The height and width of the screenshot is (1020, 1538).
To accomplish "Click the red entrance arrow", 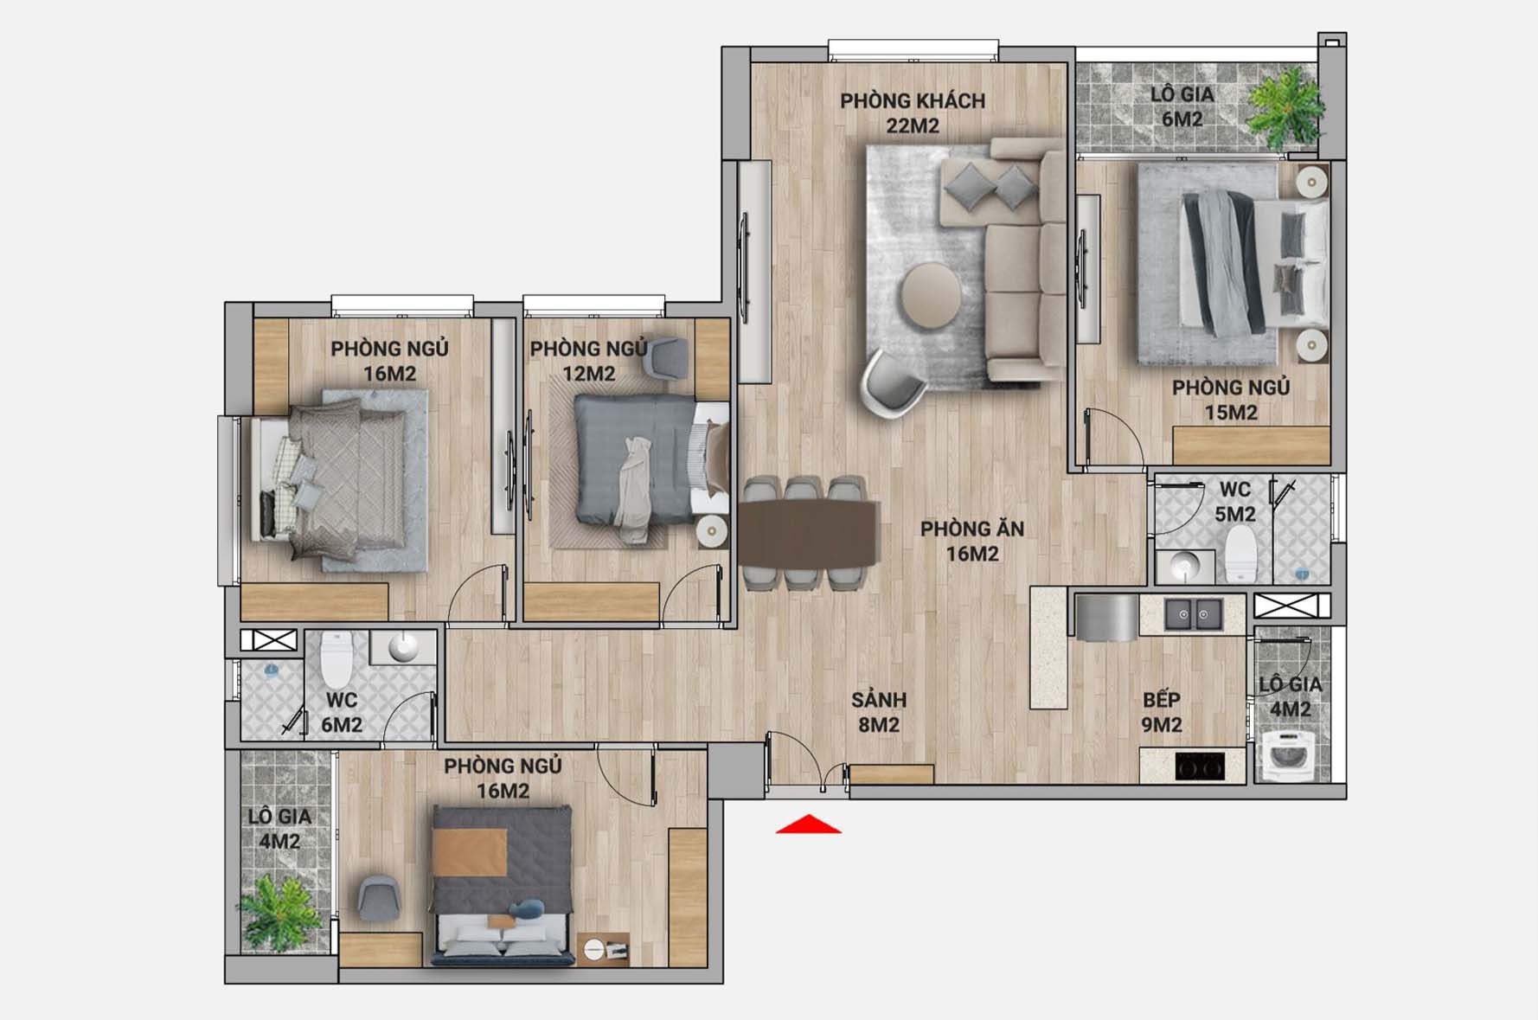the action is (808, 824).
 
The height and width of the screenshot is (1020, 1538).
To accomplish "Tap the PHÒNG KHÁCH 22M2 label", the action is (913, 113).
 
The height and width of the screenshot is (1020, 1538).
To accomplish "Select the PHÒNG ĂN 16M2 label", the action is (972, 541).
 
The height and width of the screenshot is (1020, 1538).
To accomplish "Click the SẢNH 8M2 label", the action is (879, 712).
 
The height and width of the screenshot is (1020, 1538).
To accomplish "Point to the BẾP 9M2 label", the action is (1162, 712).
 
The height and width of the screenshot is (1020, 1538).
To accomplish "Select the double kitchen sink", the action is (1194, 614).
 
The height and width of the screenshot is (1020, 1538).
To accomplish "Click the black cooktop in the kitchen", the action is (1200, 766).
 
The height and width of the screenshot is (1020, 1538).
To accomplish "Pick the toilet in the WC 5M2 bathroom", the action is (1240, 554).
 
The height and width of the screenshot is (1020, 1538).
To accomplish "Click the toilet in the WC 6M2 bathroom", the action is (337, 659).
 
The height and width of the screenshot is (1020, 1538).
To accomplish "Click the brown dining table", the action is (808, 533).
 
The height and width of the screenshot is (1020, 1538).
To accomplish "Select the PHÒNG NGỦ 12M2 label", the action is (588, 361).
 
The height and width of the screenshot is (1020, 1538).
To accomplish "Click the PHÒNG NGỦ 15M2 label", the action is (1231, 400).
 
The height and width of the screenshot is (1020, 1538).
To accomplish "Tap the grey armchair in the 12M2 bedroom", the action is (668, 356).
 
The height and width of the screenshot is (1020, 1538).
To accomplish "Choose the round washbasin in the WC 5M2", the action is (1182, 567).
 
